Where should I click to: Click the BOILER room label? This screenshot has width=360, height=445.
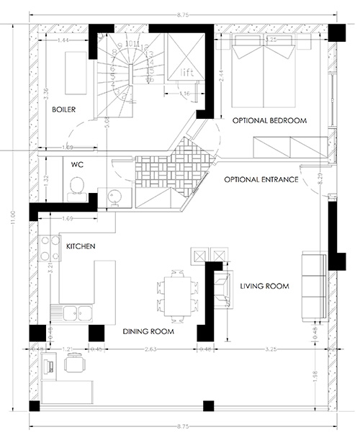pyautogui.click(x=64, y=110)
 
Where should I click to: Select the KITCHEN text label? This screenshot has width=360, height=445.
pyautogui.click(x=80, y=246)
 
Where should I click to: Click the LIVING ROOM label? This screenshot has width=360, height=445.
pyautogui.click(x=264, y=287)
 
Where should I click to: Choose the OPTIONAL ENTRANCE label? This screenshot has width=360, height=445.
pyautogui.click(x=261, y=179)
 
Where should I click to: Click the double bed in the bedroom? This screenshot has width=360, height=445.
pyautogui.click(x=266, y=71)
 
